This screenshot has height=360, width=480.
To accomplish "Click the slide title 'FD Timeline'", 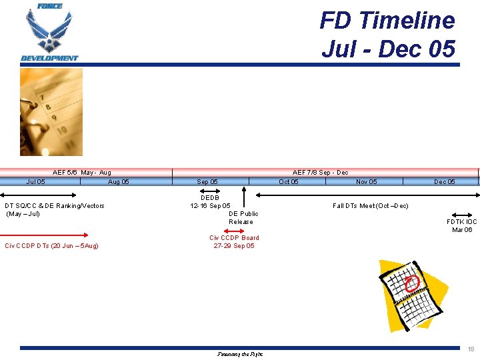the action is tap(387, 21).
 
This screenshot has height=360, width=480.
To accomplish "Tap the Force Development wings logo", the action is tap(49, 33).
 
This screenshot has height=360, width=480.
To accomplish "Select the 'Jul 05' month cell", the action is tap(36, 181).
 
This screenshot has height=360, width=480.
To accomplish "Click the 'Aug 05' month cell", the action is tap(119, 181).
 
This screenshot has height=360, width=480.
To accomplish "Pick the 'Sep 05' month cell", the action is tap(207, 181).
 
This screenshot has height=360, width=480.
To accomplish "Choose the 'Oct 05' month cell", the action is tap(289, 181).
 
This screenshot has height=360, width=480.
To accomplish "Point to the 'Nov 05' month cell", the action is tap(366, 181).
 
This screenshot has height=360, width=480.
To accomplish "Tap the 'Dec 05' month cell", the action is tap(445, 181).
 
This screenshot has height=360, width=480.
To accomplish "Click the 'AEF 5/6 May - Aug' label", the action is tap(82, 173).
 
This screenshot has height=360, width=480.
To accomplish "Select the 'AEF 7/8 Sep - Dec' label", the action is tap(320, 173).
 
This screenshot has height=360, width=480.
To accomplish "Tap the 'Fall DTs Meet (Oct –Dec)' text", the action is tap(370, 206).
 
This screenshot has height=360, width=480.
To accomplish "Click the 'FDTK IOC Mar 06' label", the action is tap(462, 225).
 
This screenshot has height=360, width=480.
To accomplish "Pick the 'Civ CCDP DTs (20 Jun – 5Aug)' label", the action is tap(51, 246).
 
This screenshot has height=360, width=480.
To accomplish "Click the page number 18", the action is tap(471, 349).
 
